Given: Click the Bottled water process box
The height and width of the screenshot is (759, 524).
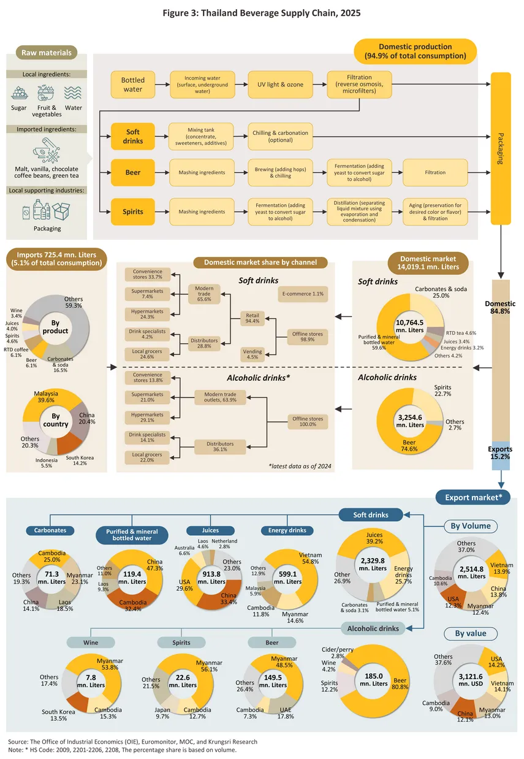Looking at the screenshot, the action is [x=133, y=85].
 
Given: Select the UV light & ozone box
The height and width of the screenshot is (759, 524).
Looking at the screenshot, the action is [x=280, y=85].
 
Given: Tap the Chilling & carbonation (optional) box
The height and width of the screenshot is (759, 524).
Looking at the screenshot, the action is [x=280, y=137].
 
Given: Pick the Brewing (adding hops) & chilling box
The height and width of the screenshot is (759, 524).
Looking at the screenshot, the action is [x=280, y=172].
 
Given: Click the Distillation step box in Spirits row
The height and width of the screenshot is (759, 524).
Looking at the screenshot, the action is [x=359, y=212].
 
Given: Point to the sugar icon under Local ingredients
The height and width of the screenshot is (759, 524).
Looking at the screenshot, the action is [x=19, y=93].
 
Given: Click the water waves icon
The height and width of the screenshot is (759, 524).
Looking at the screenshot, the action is [x=73, y=93].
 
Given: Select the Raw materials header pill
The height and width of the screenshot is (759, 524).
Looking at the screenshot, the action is [x=47, y=53].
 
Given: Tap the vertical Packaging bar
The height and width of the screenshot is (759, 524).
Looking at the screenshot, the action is [x=501, y=148].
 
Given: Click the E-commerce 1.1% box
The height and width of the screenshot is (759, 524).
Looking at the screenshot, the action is [x=303, y=294].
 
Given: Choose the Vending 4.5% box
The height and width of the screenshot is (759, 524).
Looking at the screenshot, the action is [x=253, y=354].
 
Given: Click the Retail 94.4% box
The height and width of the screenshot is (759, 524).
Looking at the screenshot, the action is [x=253, y=318].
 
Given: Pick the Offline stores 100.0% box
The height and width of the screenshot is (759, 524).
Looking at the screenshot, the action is [x=308, y=422].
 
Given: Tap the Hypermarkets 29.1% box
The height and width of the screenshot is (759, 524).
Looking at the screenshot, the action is [x=147, y=418].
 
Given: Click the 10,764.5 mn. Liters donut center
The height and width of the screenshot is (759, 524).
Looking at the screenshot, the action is [x=410, y=326].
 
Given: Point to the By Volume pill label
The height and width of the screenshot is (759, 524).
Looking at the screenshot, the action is [x=471, y=526].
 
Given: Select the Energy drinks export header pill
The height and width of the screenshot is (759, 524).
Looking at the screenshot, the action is [x=287, y=530].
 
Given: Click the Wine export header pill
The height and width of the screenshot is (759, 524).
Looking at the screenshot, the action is [x=91, y=642].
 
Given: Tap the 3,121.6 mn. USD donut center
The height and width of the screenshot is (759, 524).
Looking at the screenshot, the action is [x=471, y=680].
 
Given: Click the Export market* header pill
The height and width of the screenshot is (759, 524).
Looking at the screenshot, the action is [x=473, y=497].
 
